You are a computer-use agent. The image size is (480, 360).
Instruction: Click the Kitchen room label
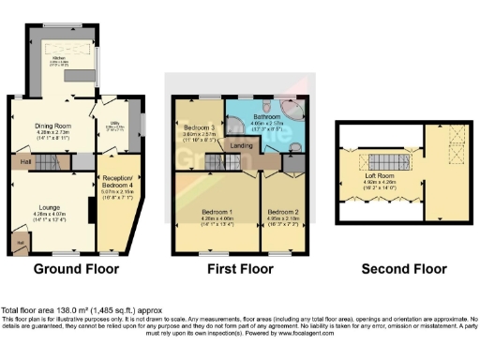pos(59,57)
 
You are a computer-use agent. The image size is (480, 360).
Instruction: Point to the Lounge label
pos(50,207)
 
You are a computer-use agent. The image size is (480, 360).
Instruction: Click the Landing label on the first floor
pos(240,146)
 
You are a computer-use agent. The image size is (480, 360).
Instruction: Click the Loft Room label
pos(381,176)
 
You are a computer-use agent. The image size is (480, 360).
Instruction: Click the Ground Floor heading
pos(76,269)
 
